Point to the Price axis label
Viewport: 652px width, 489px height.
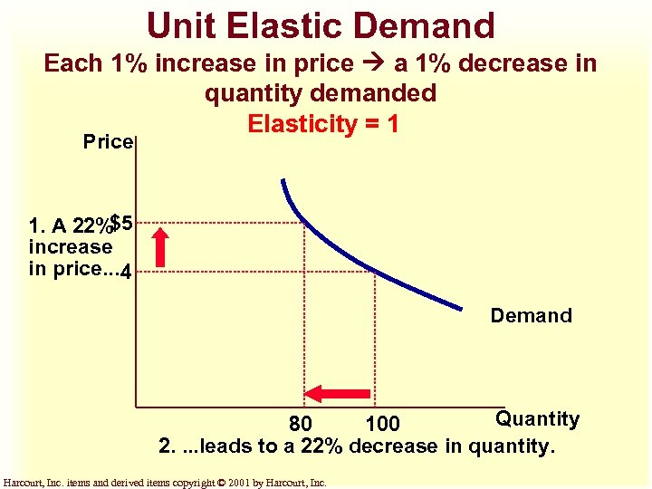click(x=108, y=142)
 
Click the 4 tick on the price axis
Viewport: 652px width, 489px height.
click(x=126, y=270)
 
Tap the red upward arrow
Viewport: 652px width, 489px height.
click(x=160, y=245)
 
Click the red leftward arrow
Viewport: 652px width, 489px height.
click(x=337, y=393)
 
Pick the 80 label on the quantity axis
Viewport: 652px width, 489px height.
click(x=300, y=424)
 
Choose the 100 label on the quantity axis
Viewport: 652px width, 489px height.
click(x=381, y=424)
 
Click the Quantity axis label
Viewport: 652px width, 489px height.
click(x=537, y=418)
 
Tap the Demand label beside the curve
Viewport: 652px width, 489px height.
click(x=532, y=316)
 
